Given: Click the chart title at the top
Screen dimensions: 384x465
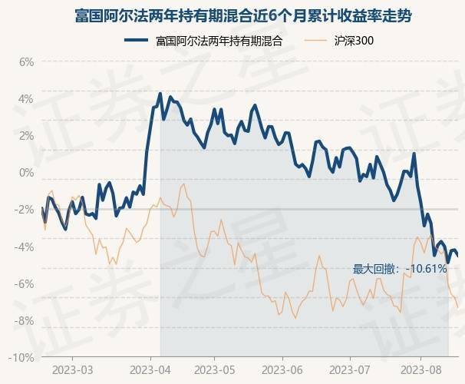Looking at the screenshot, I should coord(232,15).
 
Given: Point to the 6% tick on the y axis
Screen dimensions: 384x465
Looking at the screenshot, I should coord(25,62).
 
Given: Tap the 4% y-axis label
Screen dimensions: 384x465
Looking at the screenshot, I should coord(25,99).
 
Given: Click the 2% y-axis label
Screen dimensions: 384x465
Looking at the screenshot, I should coord(25,136).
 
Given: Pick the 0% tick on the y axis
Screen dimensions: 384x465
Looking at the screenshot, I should coord(25,173).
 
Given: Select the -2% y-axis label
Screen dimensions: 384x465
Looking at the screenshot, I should coord(24,210).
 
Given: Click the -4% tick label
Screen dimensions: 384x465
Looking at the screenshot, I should coord(24,247).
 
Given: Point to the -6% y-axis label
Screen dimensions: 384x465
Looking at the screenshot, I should coord(24,283).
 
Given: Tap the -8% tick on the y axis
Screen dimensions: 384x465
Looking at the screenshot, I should coord(24,320).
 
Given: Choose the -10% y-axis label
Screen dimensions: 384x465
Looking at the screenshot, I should coord(21,358).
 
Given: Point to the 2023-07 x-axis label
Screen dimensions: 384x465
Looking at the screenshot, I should coord(350,369).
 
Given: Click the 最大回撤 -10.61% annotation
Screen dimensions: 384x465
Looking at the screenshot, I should coord(399,269).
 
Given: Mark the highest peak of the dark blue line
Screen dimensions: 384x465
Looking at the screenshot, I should coord(160,94).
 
